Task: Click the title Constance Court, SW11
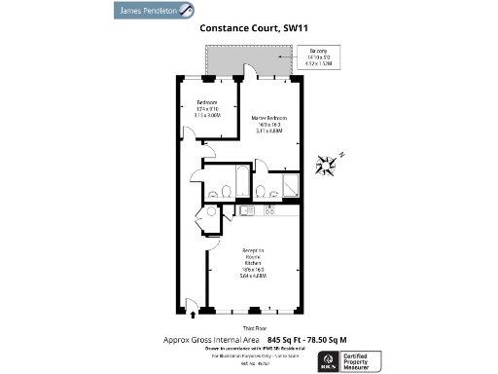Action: tap(249, 29)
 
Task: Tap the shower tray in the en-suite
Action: tap(291, 187)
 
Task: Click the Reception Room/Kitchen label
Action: tap(251, 262)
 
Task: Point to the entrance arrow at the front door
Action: tap(192, 311)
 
